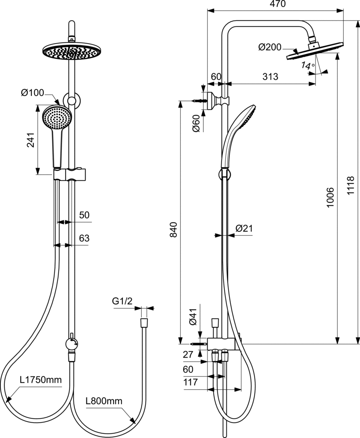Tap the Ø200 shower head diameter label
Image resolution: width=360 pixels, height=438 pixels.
click(270, 47)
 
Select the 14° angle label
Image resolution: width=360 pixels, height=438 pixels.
click(307, 66)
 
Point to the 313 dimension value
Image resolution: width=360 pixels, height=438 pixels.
click(270, 77)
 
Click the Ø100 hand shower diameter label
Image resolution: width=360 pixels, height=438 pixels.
click(32, 93)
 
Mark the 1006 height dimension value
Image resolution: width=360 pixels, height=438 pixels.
click(330, 198)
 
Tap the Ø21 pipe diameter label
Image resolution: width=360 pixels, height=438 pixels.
click(244, 228)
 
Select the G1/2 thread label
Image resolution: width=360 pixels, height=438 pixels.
click(122, 302)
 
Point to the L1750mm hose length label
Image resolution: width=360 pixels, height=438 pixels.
click(41, 380)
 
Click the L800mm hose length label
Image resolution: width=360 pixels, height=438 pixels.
click(104, 401)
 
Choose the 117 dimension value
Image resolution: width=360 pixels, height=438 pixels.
click(190, 382)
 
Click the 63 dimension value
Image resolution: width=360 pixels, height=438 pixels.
click(84, 238)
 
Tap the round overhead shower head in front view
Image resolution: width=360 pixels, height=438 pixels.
click(71, 51)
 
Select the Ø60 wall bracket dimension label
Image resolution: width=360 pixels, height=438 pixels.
click(195, 124)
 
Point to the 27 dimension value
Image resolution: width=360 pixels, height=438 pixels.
click(188, 354)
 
